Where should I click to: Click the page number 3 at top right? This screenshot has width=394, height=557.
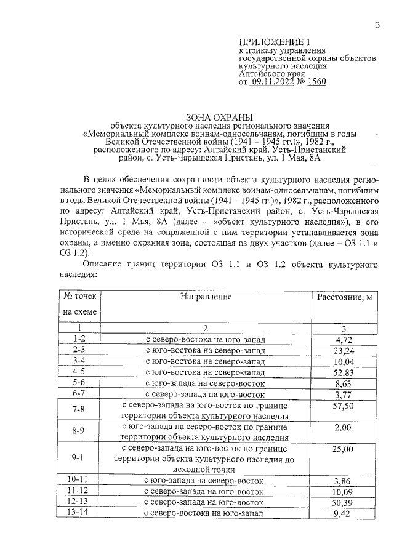[376, 25]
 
